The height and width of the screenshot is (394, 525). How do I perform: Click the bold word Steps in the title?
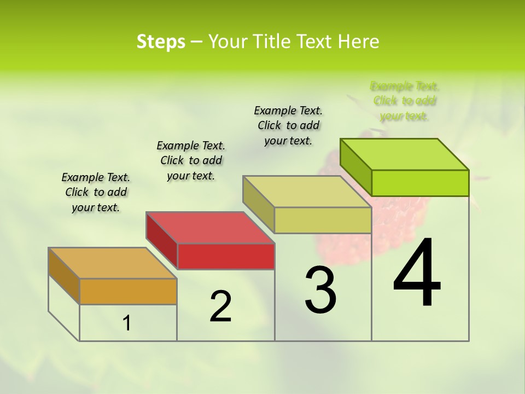[x=161, y=42]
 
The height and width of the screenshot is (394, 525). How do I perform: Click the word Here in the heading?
[x=359, y=42]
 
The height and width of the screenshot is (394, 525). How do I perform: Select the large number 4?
[x=417, y=274]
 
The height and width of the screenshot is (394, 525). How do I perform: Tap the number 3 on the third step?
[x=320, y=290]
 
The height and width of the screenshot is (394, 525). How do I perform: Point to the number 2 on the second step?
[x=220, y=306]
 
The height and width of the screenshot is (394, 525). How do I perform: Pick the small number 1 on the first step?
[x=127, y=323]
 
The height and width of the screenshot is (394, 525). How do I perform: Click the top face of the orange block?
[x=112, y=263]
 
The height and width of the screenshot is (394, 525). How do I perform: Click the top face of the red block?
[x=209, y=227]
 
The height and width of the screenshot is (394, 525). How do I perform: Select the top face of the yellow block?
[x=307, y=191]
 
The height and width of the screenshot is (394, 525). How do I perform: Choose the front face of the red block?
[x=226, y=256]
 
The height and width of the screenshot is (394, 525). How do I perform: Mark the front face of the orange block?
[x=128, y=291]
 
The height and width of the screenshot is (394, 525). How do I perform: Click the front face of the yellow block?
[x=323, y=220]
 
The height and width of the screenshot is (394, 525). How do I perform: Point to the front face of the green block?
[x=420, y=183]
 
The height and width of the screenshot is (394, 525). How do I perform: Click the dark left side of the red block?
[x=161, y=241]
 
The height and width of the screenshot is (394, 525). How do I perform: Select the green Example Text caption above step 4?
[x=405, y=101]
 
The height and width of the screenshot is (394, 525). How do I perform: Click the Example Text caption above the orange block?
[x=96, y=192]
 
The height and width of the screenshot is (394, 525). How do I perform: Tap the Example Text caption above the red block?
[x=191, y=160]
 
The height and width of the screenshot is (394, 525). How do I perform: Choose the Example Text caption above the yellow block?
[x=288, y=125]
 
